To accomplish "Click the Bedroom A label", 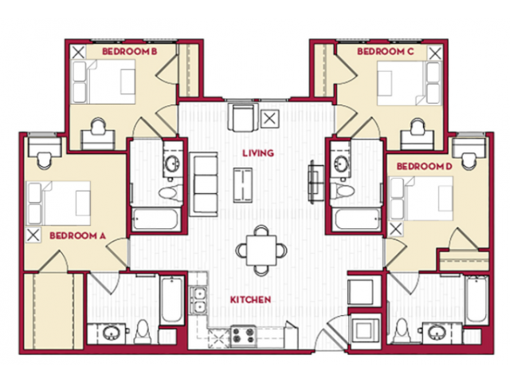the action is tap(78, 236).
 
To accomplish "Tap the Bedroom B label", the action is tap(130, 51).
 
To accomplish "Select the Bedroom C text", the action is tap(386, 51).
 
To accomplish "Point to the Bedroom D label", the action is tap(425, 167).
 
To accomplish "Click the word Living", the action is tap(258, 153).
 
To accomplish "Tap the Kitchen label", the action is tap(250, 300).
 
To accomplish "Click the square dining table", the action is tap(261, 251).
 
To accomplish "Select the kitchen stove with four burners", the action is tap(243, 336).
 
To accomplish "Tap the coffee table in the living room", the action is tap(242, 184).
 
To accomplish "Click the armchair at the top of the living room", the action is tap(244, 117).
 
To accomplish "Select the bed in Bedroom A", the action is tap(58, 203).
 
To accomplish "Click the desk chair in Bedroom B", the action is tap(98, 126).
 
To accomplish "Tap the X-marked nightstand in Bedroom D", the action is tap(395, 229).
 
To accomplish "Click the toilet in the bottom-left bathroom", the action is tap(142, 332).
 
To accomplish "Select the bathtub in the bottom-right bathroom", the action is tap(477, 300).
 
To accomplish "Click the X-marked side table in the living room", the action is tap(269, 119).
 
